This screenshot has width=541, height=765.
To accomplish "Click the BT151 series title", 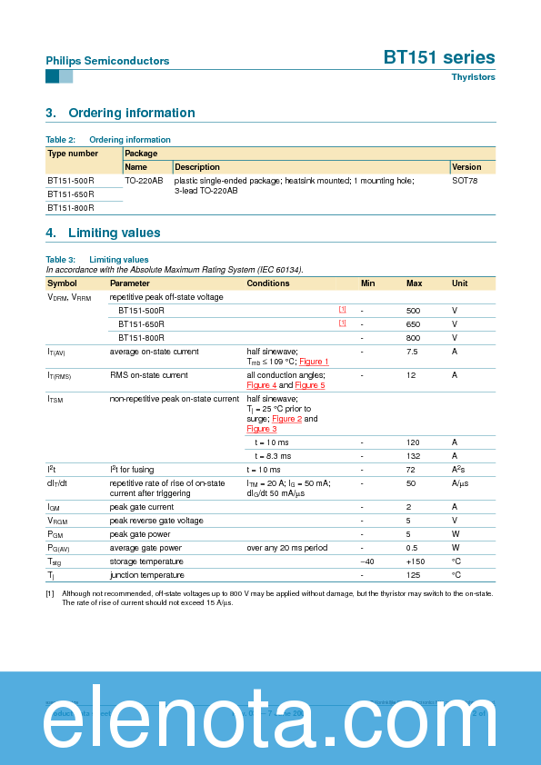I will tap(439, 57).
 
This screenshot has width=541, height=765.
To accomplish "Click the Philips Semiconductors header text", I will tap(107, 61).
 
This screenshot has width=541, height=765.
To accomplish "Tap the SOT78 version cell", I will tap(465, 181).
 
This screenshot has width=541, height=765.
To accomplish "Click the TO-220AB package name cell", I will tap(144, 181).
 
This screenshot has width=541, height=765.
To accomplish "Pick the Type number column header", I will tap(73, 154).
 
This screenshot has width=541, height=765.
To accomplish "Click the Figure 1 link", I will tap(315, 362).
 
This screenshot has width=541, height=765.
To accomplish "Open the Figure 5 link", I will tap(310, 385).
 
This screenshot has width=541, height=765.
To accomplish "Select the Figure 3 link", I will tap(261, 429).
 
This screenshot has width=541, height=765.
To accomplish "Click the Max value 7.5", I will tap(412, 352).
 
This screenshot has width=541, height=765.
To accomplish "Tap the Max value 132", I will tap(413, 455).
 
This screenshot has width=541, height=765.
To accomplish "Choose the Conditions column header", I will tap(268, 283).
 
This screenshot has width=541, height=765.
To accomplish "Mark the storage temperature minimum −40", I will tap(367, 561).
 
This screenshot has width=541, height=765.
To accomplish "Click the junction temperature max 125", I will tap(413, 575).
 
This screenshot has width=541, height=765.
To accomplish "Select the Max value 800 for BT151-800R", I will tap(413, 337).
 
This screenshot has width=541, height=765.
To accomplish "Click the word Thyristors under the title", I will tap(473, 77).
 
